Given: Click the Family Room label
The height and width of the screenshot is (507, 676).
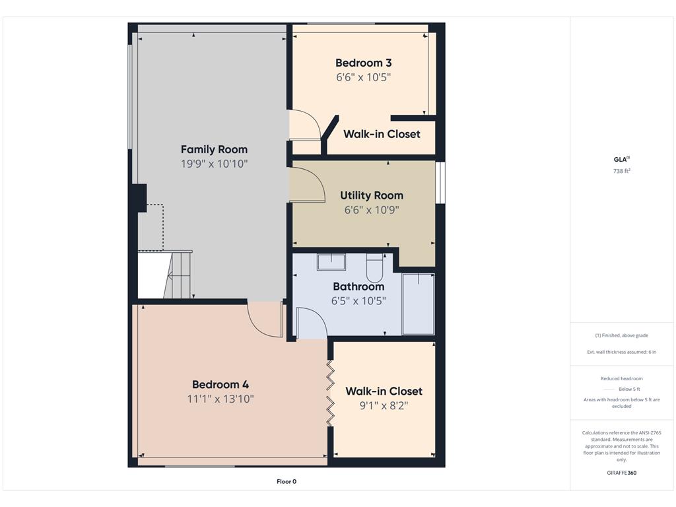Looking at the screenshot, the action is point(215,150).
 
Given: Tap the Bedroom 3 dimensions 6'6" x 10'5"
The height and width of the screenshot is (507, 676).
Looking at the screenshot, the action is point(364,77).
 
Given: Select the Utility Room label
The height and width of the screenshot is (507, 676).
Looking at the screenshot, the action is point(372,195).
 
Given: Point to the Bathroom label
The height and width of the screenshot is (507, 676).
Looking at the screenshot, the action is point(358,287).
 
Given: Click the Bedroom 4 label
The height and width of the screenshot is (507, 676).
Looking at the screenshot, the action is point(220,385).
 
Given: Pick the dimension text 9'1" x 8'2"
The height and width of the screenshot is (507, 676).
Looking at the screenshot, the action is point(384,406).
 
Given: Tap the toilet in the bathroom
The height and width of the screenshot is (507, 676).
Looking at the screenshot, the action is point(375,267).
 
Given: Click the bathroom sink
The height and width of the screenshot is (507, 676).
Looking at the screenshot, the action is point(331,261).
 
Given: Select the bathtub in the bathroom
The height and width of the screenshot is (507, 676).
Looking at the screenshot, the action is point(418,304).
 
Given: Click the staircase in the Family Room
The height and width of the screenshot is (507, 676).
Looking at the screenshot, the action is point(177,275).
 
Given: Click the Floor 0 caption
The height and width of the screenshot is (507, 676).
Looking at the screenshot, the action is point(287,481).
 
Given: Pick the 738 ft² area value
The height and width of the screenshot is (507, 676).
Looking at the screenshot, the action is point(622,171).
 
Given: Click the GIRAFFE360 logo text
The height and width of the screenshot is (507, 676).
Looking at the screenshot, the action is point(622,473).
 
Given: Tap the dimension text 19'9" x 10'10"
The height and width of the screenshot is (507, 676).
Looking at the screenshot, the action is point(215,164).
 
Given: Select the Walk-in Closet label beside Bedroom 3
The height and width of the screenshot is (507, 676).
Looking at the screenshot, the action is point(382,134).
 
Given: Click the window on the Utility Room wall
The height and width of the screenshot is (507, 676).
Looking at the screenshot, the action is point(440,182).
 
